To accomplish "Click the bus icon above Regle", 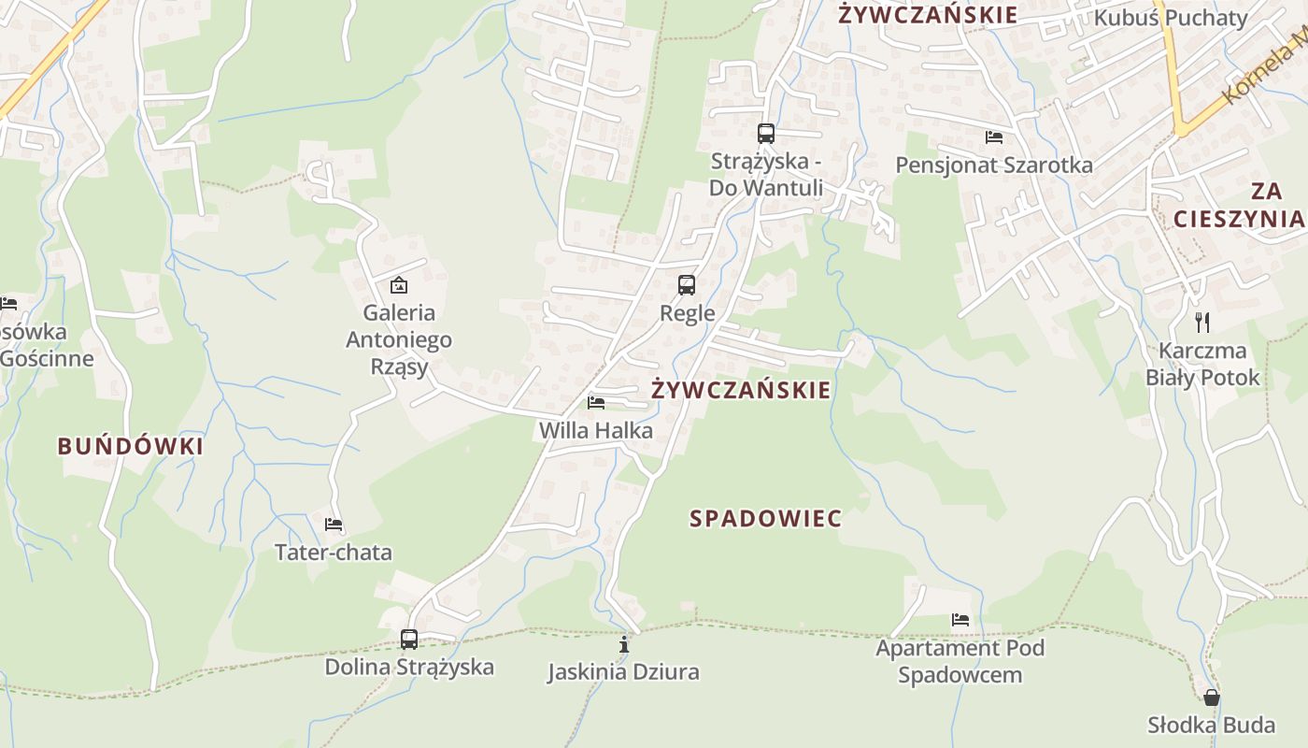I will pyautogui.click(x=687, y=284).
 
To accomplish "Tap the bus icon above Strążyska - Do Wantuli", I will pyautogui.click(x=766, y=134).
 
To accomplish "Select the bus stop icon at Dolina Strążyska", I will pyautogui.click(x=409, y=640).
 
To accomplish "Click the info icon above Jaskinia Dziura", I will pyautogui.click(x=624, y=644).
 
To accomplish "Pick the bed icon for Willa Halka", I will pyautogui.click(x=596, y=403).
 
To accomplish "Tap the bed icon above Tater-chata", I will pyautogui.click(x=334, y=525).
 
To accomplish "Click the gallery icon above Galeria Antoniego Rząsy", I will pyautogui.click(x=399, y=284).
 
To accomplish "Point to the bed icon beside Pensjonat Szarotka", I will pyautogui.click(x=994, y=137).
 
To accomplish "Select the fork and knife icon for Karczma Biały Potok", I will pyautogui.click(x=1202, y=323).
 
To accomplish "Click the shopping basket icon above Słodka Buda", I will pyautogui.click(x=1212, y=698).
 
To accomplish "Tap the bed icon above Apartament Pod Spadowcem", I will pyautogui.click(x=960, y=619).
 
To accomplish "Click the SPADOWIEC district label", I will pyautogui.click(x=766, y=519).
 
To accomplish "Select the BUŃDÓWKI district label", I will pyautogui.click(x=131, y=446).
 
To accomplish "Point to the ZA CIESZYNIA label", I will pyautogui.click(x=1239, y=205).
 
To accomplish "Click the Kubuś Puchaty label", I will pyautogui.click(x=1171, y=18).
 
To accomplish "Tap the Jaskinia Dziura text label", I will pyautogui.click(x=623, y=671).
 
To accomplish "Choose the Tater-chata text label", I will pyautogui.click(x=334, y=552).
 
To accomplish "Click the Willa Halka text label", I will pyautogui.click(x=596, y=430).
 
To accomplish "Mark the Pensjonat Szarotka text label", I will pyautogui.click(x=994, y=165).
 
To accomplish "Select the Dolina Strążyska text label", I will pyautogui.click(x=409, y=667).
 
